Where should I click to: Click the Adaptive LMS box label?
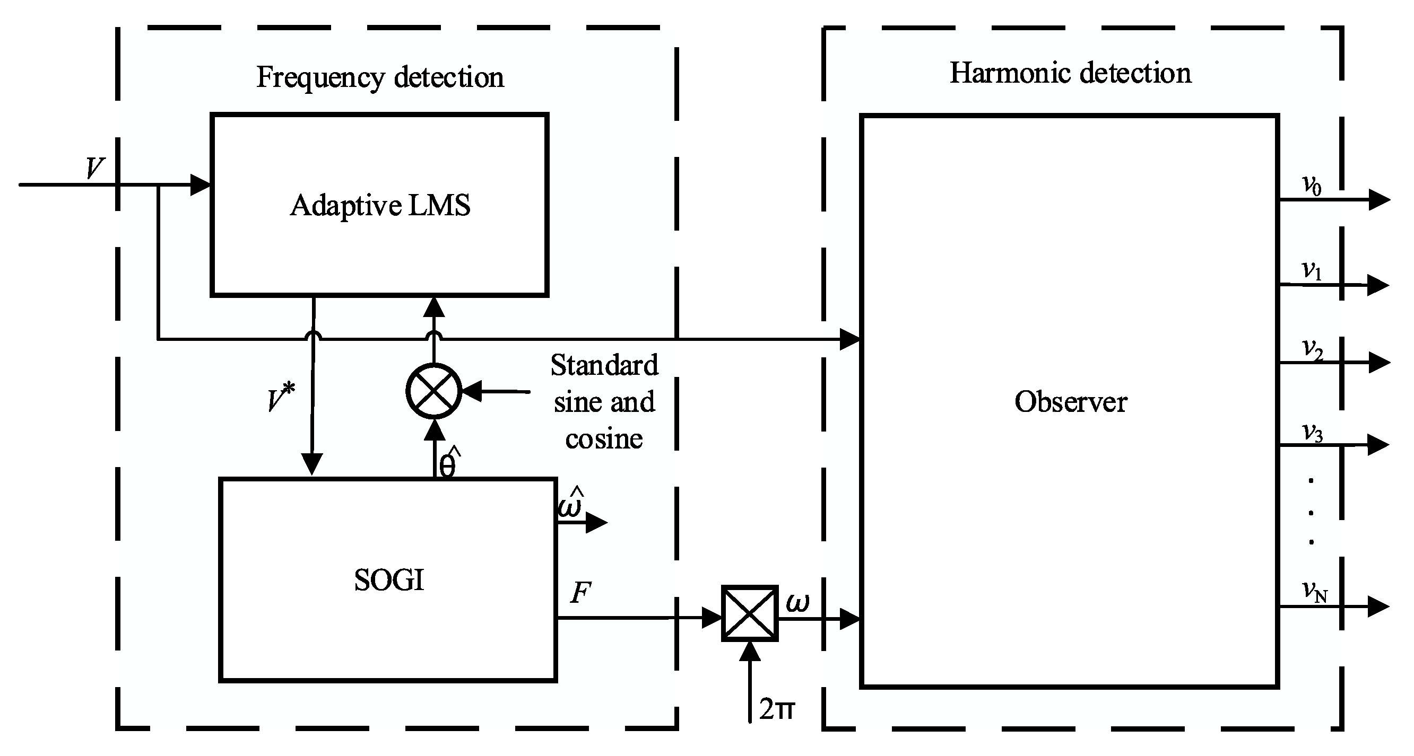pos(380,206)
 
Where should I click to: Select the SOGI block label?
pos(388,580)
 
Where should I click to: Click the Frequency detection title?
pos(380,77)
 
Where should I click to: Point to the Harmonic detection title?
pos(1070,73)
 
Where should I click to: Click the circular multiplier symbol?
pos(433,391)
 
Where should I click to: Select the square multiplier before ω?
pos(749,613)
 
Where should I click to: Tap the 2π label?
pos(777,709)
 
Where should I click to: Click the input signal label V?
pos(95,168)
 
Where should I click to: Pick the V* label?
pos(281,398)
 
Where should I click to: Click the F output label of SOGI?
pos(581,593)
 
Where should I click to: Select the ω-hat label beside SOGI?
pos(570,503)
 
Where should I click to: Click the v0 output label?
pos(1312,186)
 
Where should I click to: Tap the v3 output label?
pos(1313,433)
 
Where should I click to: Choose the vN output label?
pos(1315,592)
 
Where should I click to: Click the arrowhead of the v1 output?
pos(1378,285)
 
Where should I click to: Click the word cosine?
pos(604,439)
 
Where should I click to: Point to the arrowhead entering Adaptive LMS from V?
pos(201,185)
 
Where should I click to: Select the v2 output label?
pos(1313,349)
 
